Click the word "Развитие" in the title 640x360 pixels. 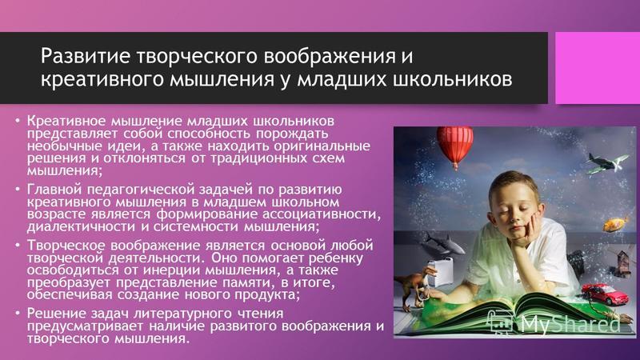pyautogui.click(x=86, y=56)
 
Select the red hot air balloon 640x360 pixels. pyautogui.click(x=455, y=147)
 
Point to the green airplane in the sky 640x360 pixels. pyautogui.click(x=607, y=162)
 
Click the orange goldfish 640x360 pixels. pyautogui.click(x=615, y=225)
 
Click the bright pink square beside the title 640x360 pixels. pyautogui.click(x=598, y=68)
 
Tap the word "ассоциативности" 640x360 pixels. pyautogui.click(x=322, y=214)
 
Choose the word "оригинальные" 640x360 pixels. pyautogui.click(x=322, y=146)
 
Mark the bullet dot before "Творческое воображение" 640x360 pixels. pyautogui.click(x=18, y=246)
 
